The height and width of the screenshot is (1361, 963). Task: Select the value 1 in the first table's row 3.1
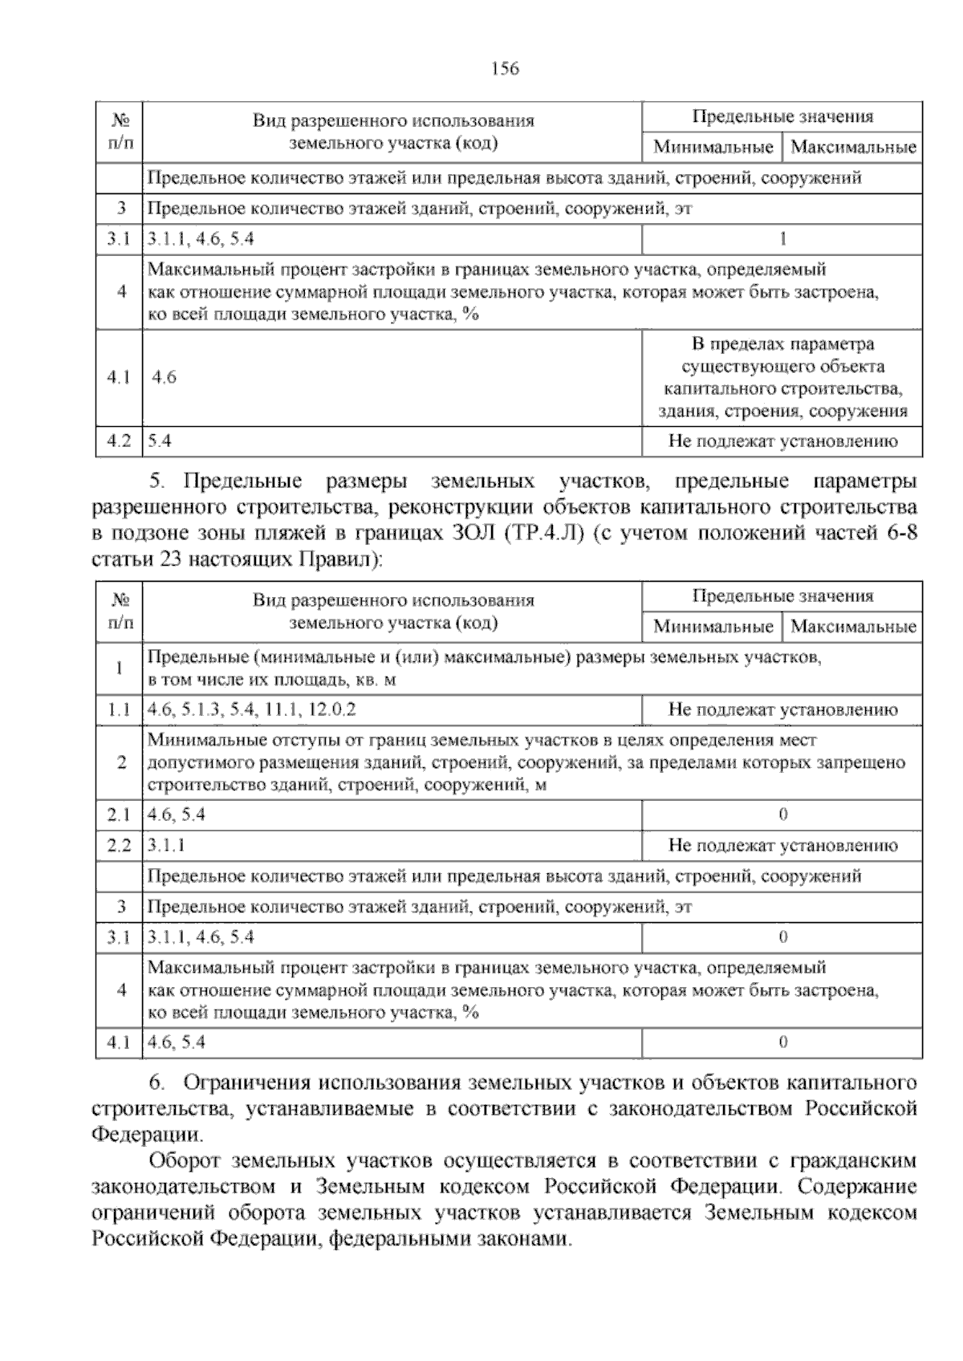coord(782,238)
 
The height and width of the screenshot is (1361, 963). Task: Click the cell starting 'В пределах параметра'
coord(782,378)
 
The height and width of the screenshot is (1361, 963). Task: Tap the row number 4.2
coord(119,441)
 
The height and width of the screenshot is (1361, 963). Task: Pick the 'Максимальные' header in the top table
coord(853,147)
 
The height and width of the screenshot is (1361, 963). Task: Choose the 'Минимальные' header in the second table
coord(713,627)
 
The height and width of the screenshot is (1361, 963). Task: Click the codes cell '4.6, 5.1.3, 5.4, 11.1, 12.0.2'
coord(252,709)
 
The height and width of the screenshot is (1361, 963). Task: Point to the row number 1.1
coord(119,709)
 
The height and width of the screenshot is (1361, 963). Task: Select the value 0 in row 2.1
coord(783,815)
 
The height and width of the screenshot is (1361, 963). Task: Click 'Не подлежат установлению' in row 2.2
coord(782,845)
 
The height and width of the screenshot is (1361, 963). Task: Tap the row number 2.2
coord(119,845)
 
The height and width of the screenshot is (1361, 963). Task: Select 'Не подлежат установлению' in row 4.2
coord(782,441)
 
